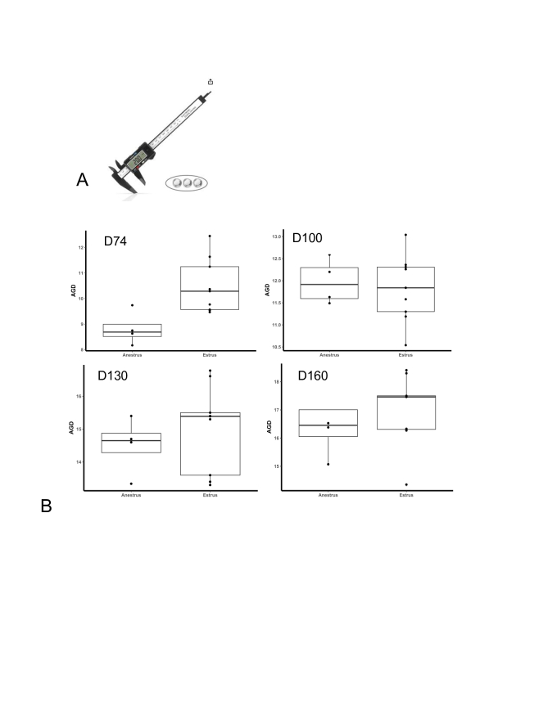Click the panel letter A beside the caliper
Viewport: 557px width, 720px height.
click(x=82, y=180)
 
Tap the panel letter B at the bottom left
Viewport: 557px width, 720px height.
click(x=46, y=506)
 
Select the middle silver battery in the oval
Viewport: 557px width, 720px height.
click(x=187, y=182)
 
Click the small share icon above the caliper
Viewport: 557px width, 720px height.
click(x=211, y=82)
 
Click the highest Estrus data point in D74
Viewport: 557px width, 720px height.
click(x=210, y=236)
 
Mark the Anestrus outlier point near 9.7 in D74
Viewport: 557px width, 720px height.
click(x=132, y=305)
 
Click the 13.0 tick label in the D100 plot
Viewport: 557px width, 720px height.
click(x=276, y=236)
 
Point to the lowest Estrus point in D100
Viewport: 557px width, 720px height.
click(x=405, y=345)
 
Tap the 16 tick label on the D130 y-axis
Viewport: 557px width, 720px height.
click(x=79, y=396)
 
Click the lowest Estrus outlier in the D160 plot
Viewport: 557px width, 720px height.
click(x=405, y=484)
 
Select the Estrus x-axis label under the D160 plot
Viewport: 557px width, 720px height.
click(x=405, y=496)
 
